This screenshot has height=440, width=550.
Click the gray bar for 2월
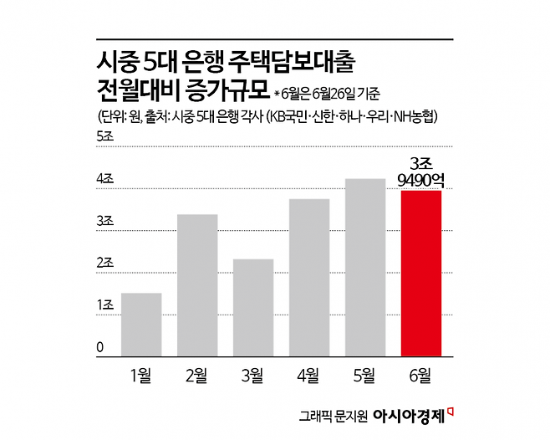(196, 286)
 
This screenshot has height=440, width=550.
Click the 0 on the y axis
(100, 348)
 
